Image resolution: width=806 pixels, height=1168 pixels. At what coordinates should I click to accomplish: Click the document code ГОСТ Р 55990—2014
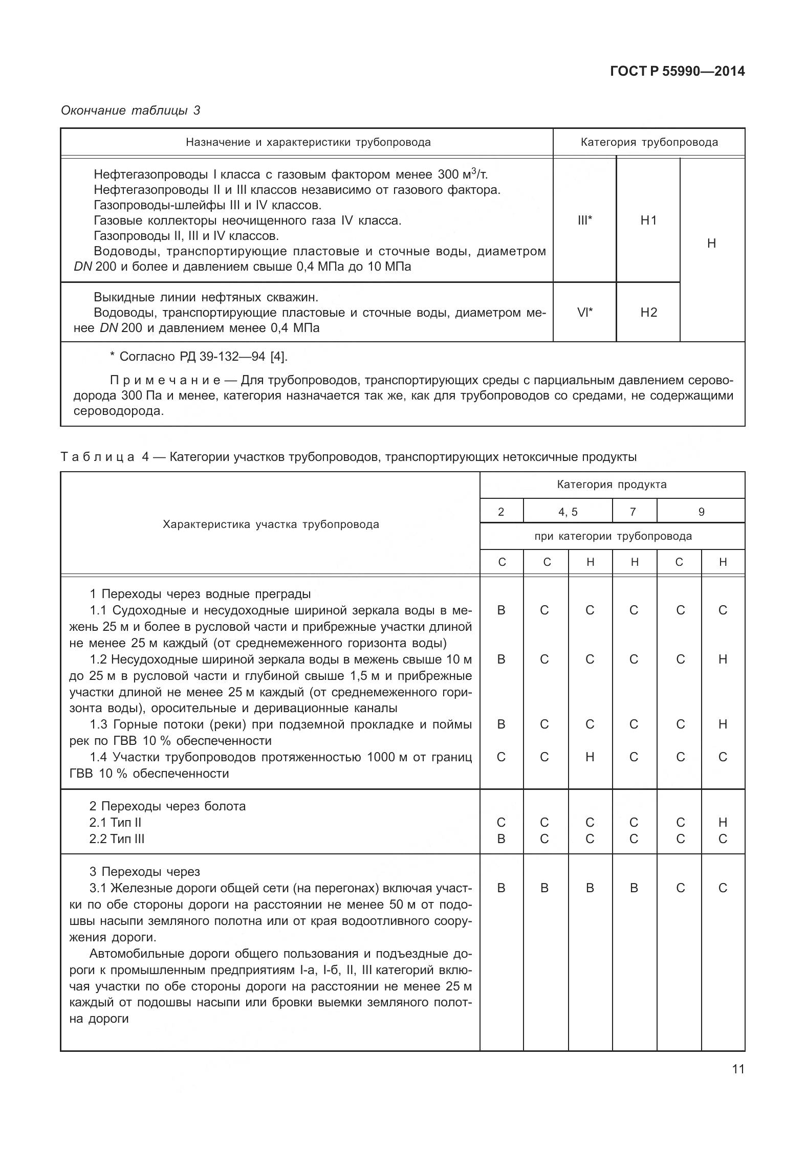(678, 72)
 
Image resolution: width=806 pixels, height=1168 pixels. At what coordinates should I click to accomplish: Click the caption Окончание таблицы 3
(130, 111)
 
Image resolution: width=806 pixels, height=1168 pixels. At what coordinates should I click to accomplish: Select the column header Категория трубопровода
(649, 142)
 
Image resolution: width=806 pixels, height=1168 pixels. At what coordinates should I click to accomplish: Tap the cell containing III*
(584, 221)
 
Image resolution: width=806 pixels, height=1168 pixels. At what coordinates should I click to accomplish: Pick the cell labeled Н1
(648, 221)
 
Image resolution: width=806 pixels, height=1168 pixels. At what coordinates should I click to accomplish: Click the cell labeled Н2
(648, 313)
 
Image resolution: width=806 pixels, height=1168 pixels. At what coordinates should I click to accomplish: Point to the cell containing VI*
(584, 313)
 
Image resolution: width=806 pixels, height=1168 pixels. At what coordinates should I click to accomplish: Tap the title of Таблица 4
(348, 457)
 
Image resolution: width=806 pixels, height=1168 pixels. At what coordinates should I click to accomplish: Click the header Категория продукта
(612, 484)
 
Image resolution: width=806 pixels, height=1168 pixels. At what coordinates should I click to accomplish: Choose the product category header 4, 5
(568, 512)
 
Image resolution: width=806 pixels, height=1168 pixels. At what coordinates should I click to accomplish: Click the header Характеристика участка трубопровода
(271, 524)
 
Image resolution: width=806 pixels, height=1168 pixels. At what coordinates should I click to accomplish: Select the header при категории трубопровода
(613, 537)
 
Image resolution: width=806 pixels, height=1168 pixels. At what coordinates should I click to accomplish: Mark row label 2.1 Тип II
(115, 823)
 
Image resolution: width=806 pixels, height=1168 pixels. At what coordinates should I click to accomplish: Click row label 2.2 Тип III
(117, 839)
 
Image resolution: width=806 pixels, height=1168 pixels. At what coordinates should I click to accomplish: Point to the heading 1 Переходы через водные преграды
(200, 594)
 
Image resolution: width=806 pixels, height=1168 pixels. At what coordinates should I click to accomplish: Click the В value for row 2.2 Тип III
(501, 839)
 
